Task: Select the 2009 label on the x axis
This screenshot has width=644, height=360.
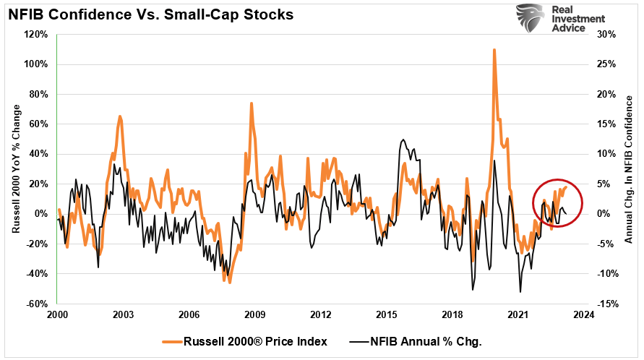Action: pyautogui.click(x=254, y=315)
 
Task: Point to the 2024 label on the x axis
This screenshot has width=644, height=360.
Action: pyautogui.click(x=584, y=315)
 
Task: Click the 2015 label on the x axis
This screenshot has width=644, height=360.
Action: pyautogui.click(x=386, y=315)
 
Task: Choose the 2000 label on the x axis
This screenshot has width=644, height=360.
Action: pyautogui.click(x=57, y=315)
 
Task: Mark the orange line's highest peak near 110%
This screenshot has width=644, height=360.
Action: pyautogui.click(x=494, y=50)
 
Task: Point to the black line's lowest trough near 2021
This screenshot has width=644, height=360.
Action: pyautogui.click(x=520, y=292)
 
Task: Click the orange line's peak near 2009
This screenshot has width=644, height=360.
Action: pyautogui.click(x=252, y=103)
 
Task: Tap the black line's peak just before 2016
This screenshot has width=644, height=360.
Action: pyautogui.click(x=403, y=140)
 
